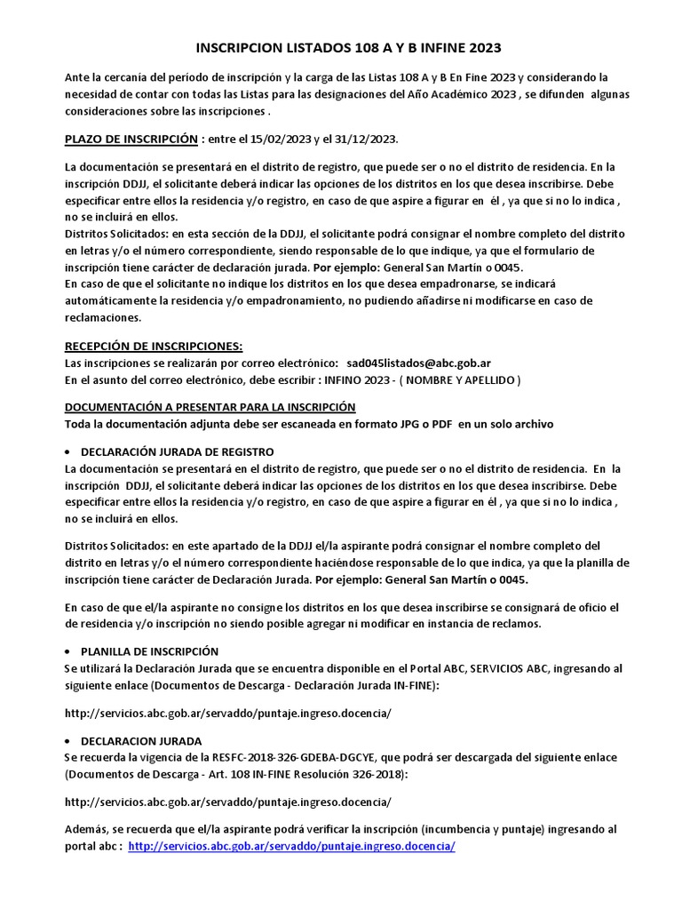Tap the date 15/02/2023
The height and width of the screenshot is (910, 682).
[281, 140]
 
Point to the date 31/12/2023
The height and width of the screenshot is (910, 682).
[366, 140]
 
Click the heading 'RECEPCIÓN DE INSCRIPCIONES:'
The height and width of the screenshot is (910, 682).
[154, 347]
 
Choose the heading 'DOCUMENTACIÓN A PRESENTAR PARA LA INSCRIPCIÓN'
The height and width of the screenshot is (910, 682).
[210, 407]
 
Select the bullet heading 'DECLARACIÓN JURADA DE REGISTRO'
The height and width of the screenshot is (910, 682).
[177, 451]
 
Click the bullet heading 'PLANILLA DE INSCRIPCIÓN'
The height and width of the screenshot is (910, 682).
[149, 651]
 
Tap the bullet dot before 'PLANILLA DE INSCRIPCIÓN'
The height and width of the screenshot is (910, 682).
[70, 651]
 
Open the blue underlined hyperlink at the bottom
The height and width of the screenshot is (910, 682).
[291, 846]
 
